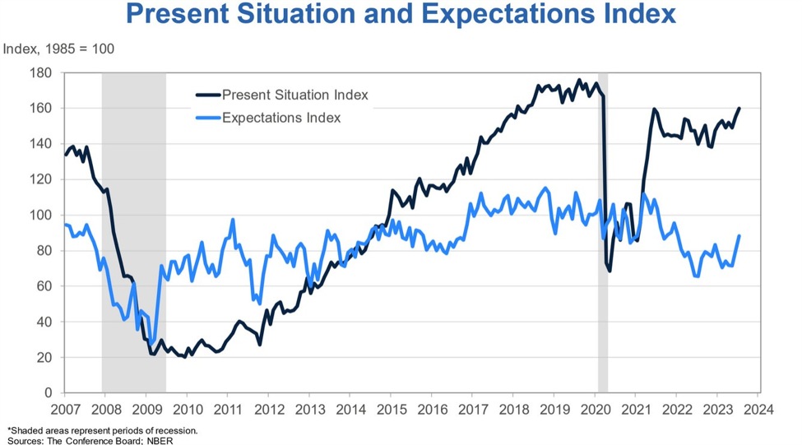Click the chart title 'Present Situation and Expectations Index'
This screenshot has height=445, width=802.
401,15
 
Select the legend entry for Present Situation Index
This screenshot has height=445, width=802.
294,95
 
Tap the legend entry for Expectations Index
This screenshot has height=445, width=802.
280,118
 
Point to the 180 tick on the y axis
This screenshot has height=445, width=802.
42,73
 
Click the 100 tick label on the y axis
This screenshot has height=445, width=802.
42,216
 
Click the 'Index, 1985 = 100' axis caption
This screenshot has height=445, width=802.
59,49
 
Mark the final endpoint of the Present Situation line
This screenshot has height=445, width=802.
739,109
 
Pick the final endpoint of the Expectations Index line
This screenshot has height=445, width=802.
739,236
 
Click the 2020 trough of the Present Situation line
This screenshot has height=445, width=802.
610,271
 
